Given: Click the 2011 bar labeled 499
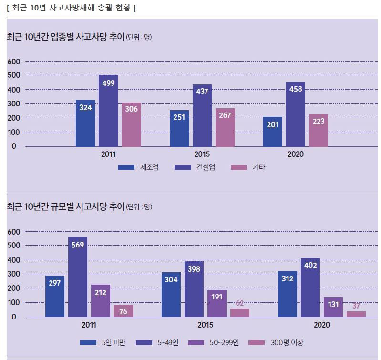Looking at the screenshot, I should (x=108, y=111).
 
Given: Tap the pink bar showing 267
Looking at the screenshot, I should (x=225, y=127).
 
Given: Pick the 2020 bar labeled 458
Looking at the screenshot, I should (x=296, y=114).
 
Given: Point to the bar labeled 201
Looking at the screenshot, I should (x=273, y=132).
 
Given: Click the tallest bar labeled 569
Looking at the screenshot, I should (x=78, y=277).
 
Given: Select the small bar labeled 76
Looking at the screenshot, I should (x=124, y=311).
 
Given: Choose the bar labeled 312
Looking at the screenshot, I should (x=288, y=294).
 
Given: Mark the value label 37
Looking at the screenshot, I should (x=356, y=306).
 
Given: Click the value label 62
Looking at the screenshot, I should (x=239, y=303).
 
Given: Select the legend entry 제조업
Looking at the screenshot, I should (x=138, y=167).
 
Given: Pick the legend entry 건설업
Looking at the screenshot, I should (x=195, y=167).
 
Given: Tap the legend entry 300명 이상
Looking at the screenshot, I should (x=277, y=342).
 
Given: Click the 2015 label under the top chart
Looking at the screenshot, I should (x=202, y=154).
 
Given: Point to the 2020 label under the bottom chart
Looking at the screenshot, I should (x=322, y=325).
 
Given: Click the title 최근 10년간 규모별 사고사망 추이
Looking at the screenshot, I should (x=65, y=206).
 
